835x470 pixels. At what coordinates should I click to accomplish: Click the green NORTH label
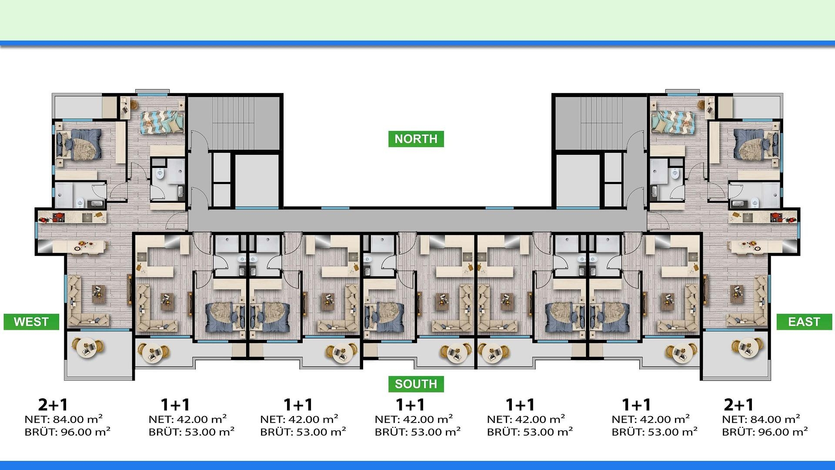pyautogui.click(x=416, y=139)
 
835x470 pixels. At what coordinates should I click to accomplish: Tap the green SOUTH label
pyautogui.click(x=416, y=384)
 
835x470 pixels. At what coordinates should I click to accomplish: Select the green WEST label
pyautogui.click(x=31, y=322)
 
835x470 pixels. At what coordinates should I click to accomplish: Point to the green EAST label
pyautogui.click(x=804, y=322)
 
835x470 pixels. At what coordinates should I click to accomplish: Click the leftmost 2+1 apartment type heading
pyautogui.click(x=53, y=405)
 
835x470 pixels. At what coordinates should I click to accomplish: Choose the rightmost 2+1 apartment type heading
pyautogui.click(x=738, y=405)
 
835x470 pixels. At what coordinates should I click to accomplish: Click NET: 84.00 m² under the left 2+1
pyautogui.click(x=63, y=419)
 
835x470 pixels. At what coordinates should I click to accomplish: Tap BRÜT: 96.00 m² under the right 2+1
pyautogui.click(x=765, y=432)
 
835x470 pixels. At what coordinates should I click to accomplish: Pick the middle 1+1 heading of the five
pyautogui.click(x=410, y=405)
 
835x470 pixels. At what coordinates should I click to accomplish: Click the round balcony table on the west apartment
pyautogui.click(x=89, y=347)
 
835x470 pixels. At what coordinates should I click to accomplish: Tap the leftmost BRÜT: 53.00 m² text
pyautogui.click(x=191, y=432)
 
